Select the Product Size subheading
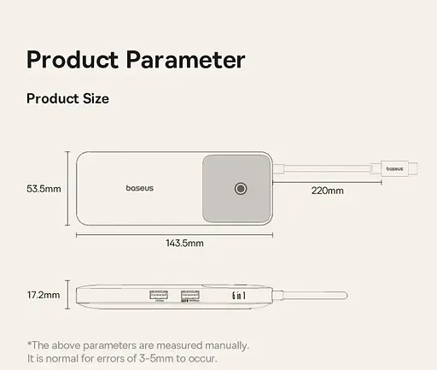click(67, 98)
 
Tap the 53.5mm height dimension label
click(44, 188)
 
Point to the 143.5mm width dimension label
click(184, 243)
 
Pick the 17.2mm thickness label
click(44, 295)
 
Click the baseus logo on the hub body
click(140, 188)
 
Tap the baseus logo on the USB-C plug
click(394, 168)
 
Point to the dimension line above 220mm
click(327, 179)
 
